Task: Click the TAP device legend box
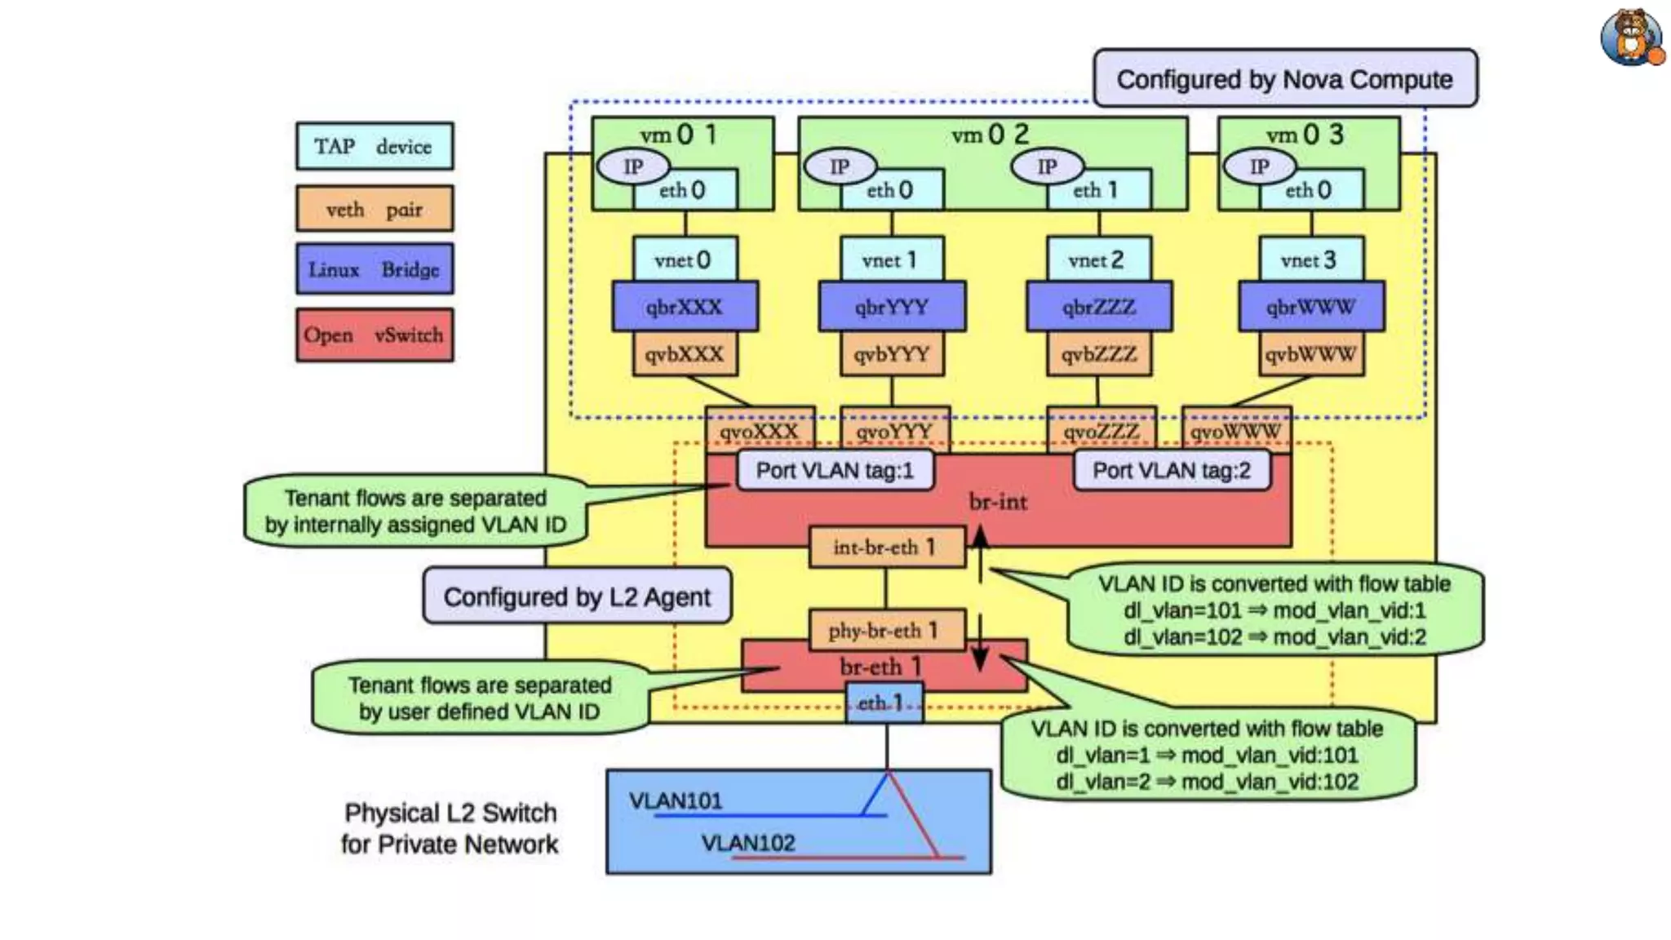tap(375, 146)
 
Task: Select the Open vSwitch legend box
tap(375, 335)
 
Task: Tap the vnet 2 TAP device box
tap(1098, 259)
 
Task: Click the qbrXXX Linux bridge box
tap(685, 307)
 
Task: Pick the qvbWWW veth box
tap(1310, 354)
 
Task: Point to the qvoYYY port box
tap(894, 429)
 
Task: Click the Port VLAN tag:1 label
tap(835, 471)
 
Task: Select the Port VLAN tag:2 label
tap(1171, 471)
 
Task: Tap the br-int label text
tap(998, 502)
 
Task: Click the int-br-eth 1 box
tap(886, 548)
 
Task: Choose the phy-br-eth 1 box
tap(886, 630)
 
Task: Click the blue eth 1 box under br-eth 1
tap(884, 703)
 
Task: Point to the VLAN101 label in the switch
tap(676, 800)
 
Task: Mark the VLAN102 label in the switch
tap(747, 843)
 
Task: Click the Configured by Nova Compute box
tap(1284, 79)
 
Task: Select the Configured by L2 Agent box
tap(577, 596)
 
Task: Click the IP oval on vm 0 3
tap(1259, 166)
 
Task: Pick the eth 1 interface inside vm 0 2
tap(1098, 190)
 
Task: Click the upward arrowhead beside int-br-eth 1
tap(981, 535)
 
